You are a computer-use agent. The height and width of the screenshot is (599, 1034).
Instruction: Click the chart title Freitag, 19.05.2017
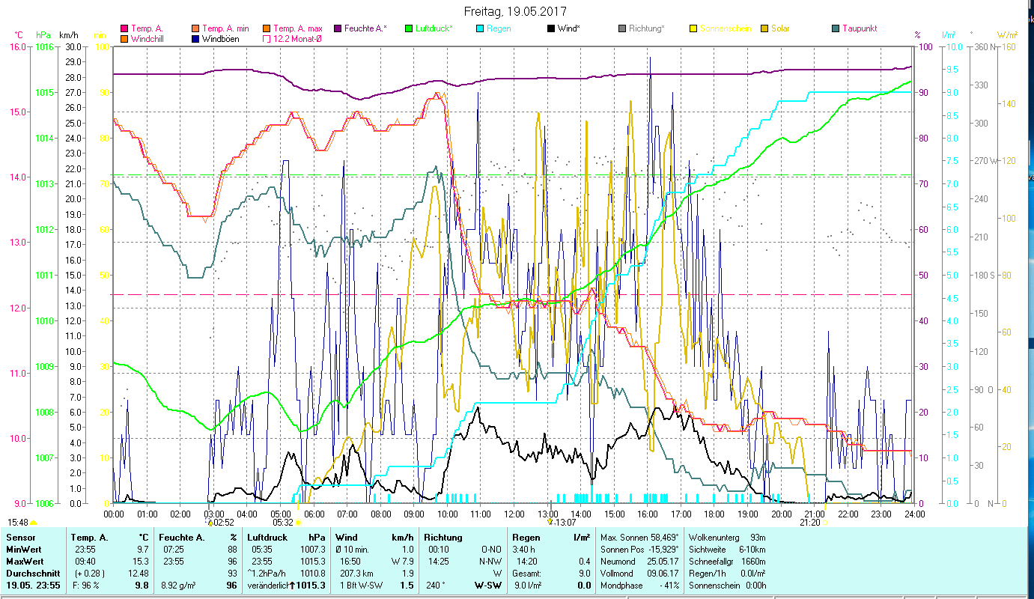pyautogui.click(x=515, y=12)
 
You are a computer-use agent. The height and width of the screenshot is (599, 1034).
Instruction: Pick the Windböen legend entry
pyautogui.click(x=220, y=39)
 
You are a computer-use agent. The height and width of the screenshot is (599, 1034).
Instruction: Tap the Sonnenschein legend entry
pyautogui.click(x=725, y=28)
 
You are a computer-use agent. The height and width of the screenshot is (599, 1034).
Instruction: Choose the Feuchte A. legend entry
pyautogui.click(x=365, y=28)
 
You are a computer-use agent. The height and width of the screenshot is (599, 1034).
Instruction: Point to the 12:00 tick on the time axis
pyautogui.click(x=514, y=514)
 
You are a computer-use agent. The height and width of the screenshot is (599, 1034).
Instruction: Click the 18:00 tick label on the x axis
pyautogui.click(x=714, y=514)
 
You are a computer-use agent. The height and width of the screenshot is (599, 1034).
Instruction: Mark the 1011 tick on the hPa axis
pyautogui.click(x=44, y=276)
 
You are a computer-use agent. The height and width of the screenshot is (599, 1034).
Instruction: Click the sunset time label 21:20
pyautogui.click(x=809, y=523)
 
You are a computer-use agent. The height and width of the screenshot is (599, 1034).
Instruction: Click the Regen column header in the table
pyautogui.click(x=526, y=538)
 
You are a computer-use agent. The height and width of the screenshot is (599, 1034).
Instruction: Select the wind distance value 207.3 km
pyautogui.click(x=356, y=574)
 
